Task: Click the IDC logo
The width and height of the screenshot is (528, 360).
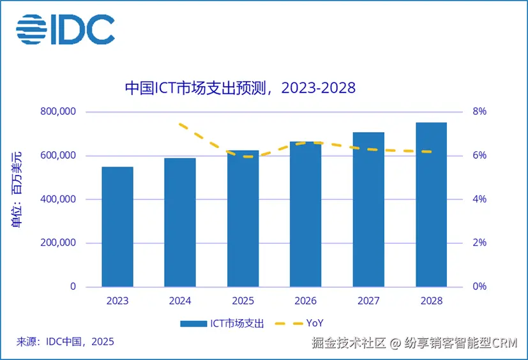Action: pos(65,29)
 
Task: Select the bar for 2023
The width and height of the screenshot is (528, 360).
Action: pos(117,227)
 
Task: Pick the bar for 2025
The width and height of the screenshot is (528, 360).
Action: pos(243,218)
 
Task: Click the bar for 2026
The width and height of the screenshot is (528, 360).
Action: pos(305,214)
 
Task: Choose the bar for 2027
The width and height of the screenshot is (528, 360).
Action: pos(368,209)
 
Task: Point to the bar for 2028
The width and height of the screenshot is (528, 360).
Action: pos(431,204)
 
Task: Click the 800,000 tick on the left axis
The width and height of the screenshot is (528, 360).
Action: pos(57,112)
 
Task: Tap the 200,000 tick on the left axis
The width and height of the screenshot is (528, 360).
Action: pos(57,243)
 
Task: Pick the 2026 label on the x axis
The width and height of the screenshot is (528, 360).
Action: pos(305,300)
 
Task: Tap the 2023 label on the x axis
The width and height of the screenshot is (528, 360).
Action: pos(117,300)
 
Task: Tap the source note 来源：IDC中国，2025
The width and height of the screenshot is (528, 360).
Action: pos(64,341)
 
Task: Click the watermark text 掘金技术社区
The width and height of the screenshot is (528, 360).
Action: pos(349,343)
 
